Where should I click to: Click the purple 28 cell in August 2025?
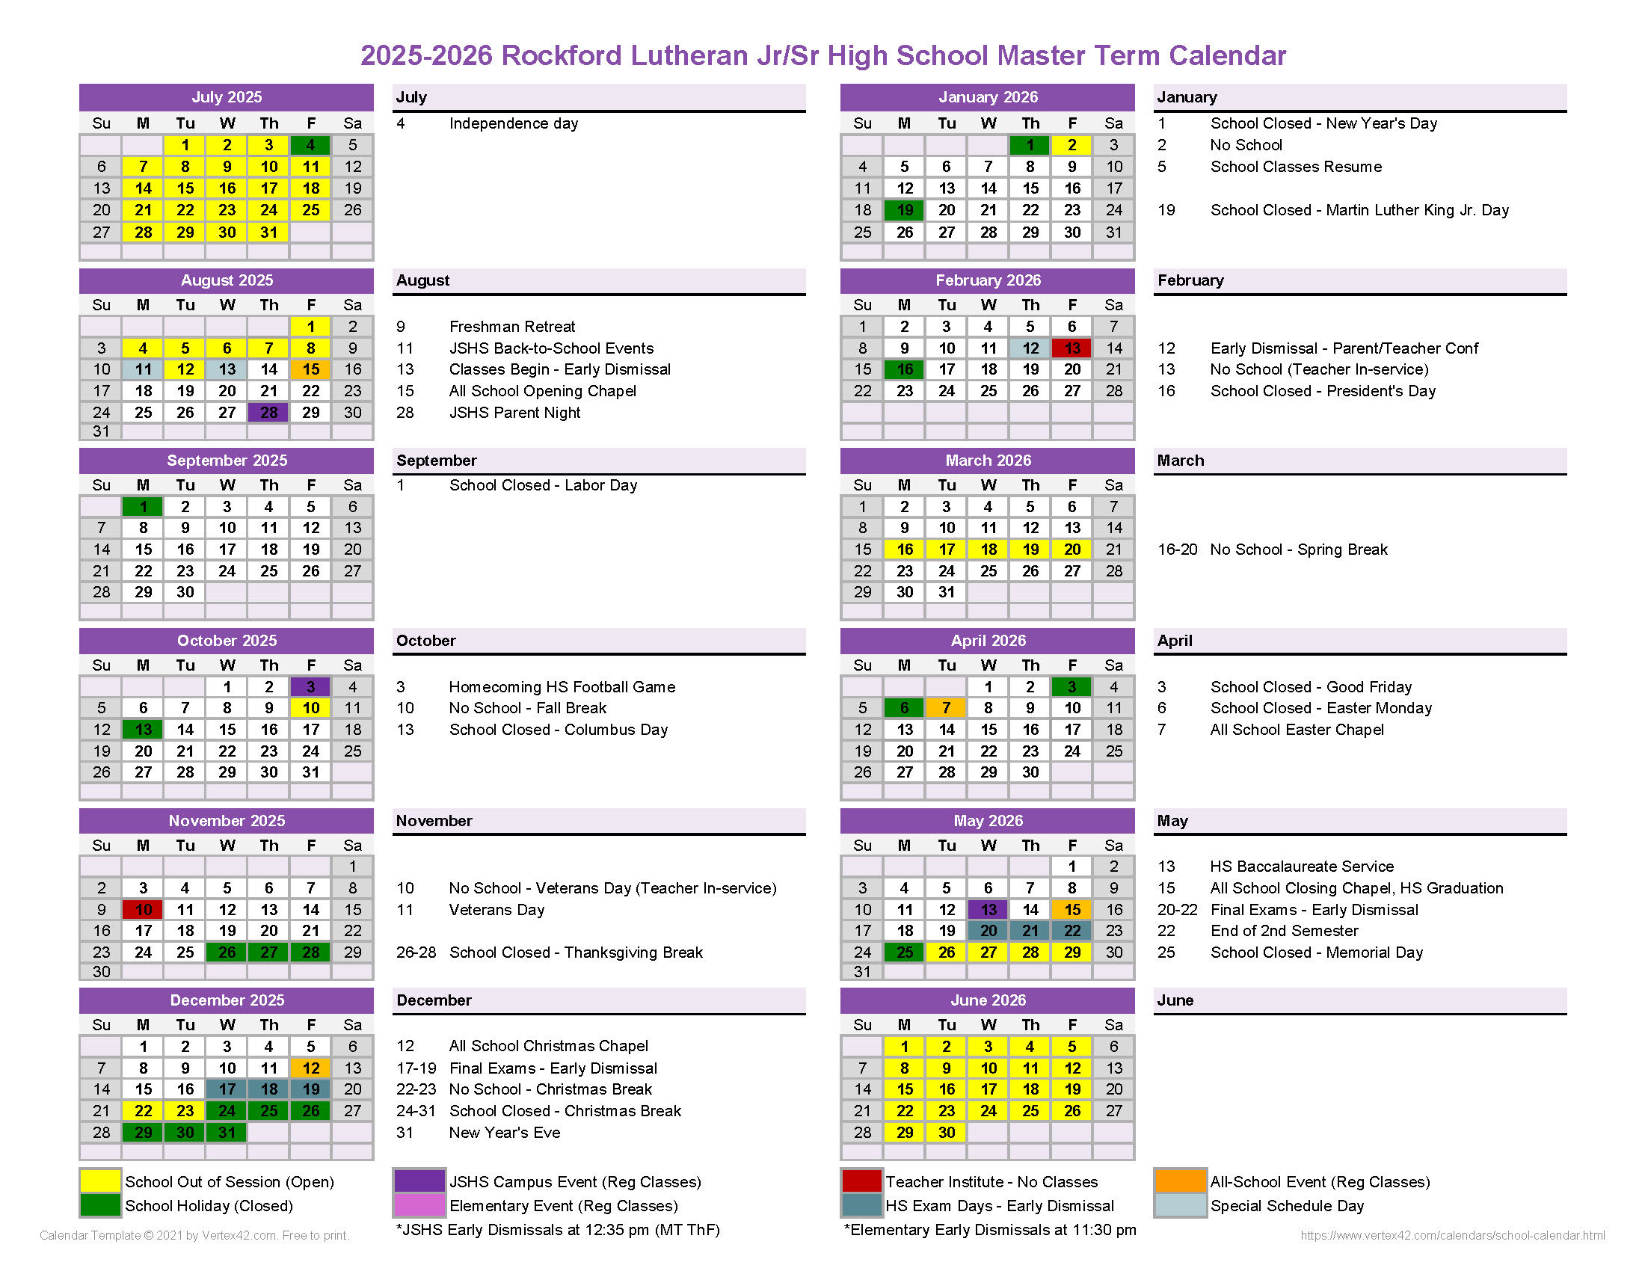pos(269,413)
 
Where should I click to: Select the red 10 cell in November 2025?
pos(143,910)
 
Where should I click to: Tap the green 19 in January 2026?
pos(905,210)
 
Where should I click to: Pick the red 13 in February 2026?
pos(1071,348)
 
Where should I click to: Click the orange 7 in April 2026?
pos(946,708)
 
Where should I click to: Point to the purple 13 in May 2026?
pos(988,910)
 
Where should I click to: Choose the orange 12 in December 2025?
pos(310,1068)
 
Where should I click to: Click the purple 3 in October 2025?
pos(310,686)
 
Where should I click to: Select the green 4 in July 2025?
pos(310,144)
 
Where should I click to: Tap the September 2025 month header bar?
pos(227,461)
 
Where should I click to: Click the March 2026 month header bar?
pos(988,461)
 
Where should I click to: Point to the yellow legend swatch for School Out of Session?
pos(100,1181)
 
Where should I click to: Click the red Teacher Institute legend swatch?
pos(861,1181)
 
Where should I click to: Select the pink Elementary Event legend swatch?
pos(419,1205)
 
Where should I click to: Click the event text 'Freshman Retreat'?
pos(512,327)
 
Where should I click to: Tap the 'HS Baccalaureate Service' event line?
pos(1302,867)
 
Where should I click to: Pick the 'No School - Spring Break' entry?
pos(1299,550)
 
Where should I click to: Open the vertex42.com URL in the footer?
pos(1452,1236)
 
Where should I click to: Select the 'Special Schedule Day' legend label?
pos(1287,1205)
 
